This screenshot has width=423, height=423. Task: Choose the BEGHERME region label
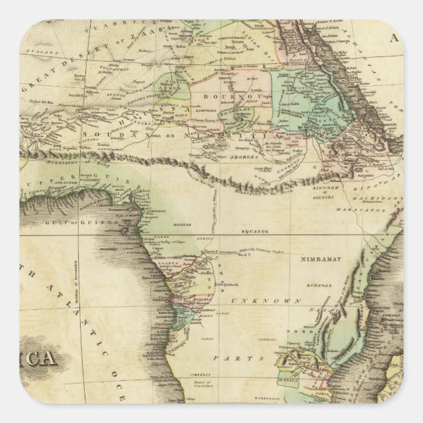228,112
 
